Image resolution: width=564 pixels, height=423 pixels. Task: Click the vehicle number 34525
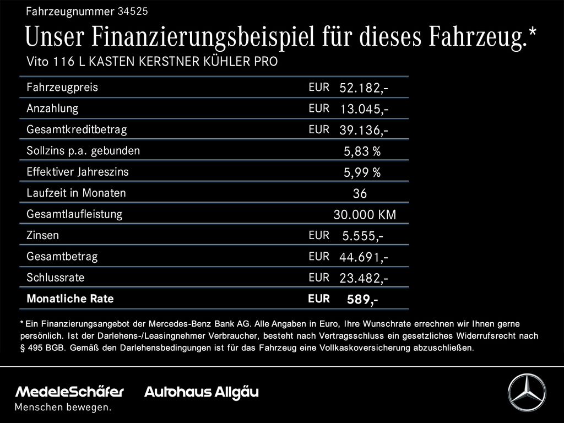(133, 11)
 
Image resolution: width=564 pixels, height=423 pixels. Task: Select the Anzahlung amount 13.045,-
(364, 109)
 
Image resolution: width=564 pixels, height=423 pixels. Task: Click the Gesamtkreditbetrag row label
(77, 130)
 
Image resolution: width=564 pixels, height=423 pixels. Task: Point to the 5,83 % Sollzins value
(362, 151)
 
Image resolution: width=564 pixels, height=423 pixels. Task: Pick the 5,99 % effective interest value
(362, 173)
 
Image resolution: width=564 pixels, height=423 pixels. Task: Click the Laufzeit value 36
(360, 194)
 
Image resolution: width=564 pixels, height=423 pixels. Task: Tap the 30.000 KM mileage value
(365, 215)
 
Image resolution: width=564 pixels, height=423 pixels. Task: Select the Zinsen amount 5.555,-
(362, 236)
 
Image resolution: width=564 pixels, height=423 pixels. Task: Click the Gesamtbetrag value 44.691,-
(364, 257)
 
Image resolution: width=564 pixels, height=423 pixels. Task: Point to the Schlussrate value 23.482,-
(364, 279)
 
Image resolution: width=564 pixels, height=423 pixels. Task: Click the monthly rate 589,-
(362, 300)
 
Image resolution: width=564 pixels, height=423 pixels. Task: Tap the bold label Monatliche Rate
(70, 299)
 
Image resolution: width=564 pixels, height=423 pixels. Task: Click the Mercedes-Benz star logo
(527, 392)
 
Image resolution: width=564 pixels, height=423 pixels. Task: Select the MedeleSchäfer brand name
(69, 392)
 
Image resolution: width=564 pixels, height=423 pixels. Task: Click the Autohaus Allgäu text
(201, 392)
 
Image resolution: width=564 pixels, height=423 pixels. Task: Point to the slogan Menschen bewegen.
(63, 408)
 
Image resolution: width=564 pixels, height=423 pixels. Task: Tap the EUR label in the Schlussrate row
(319, 278)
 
